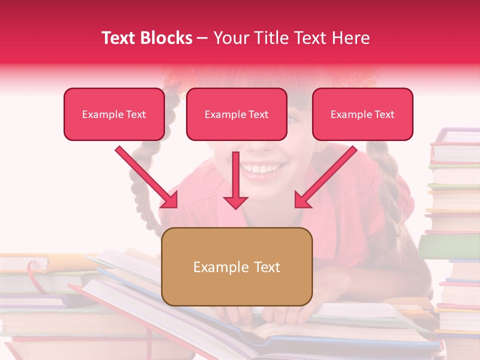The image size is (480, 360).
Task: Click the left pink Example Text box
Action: (x=114, y=114)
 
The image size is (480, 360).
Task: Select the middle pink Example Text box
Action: (x=236, y=114)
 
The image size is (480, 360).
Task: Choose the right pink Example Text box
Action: (x=362, y=114)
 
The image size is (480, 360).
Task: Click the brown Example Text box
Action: (x=236, y=267)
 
